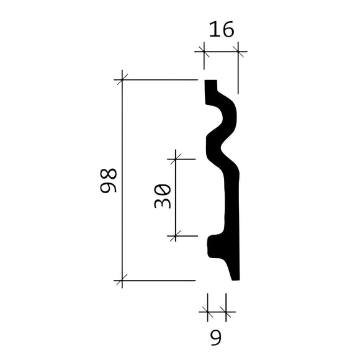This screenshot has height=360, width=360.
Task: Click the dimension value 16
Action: coord(222,30)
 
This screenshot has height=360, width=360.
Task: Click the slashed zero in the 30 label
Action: coord(163,189)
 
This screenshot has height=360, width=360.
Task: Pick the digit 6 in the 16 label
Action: coord(228,30)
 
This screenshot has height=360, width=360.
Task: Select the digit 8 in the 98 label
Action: coord(110,173)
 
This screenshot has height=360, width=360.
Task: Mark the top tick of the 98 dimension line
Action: coord(122,79)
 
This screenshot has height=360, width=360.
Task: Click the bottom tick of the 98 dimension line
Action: coord(122,281)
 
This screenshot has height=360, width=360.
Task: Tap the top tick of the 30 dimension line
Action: coord(176,159)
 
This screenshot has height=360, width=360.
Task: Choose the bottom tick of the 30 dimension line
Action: coord(176,236)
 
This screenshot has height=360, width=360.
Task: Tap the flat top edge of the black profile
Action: coord(210,81)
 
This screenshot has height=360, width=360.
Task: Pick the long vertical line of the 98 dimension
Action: coord(122,180)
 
